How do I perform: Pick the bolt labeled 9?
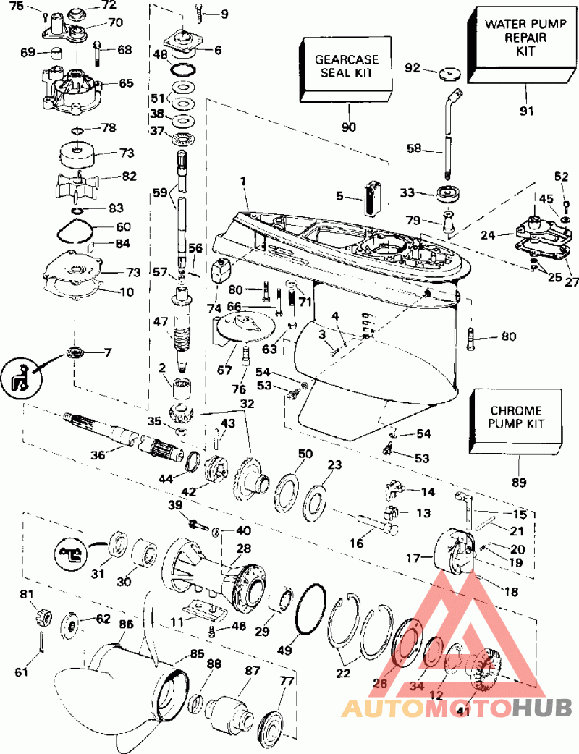click(200, 12)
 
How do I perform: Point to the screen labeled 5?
click(373, 197)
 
